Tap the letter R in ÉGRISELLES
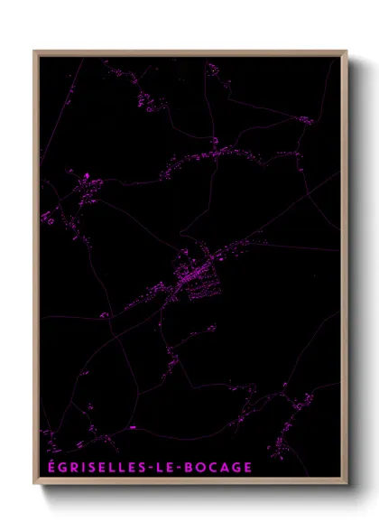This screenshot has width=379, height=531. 72,467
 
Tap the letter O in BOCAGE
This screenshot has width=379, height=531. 205,467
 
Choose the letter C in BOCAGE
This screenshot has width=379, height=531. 217,467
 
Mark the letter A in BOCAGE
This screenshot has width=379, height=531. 227,467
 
